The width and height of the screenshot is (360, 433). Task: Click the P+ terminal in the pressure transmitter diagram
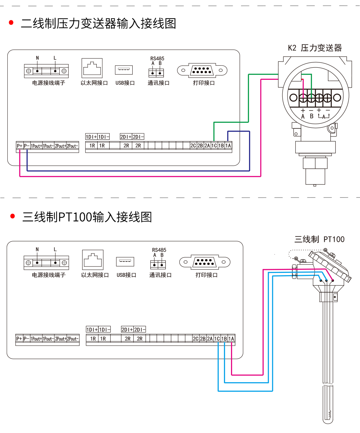19,146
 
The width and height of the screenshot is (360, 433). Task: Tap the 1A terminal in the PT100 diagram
231,339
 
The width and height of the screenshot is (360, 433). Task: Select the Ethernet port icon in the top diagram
92,68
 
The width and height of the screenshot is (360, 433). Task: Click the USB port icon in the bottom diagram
125,262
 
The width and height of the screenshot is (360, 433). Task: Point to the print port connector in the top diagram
202,70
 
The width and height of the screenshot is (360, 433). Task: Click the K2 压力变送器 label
315,48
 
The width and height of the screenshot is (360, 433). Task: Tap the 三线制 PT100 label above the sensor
319,239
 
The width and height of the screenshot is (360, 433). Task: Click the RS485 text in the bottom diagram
159,250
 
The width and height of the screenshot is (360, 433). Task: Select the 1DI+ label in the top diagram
91,137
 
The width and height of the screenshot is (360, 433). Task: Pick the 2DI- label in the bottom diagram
140,330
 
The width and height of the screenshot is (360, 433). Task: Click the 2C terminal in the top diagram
193,145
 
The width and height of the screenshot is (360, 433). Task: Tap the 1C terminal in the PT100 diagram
217,339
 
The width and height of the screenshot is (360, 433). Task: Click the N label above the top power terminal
37,58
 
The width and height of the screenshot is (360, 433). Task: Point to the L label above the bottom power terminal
55,249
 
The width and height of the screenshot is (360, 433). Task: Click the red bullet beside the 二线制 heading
11,23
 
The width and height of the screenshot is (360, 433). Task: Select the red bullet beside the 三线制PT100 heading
13,216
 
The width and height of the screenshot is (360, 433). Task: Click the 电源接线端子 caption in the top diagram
48,83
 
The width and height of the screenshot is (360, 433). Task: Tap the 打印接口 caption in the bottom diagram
206,275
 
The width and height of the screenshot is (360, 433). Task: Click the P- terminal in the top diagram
27,146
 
